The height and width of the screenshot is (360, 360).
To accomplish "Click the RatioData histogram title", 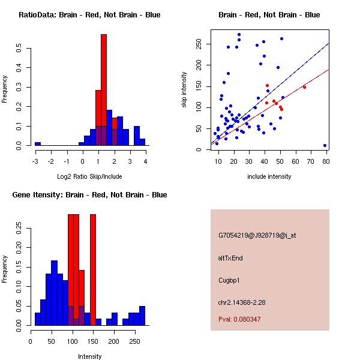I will point(89,15).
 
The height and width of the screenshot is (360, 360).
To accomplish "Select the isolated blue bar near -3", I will point(38,144).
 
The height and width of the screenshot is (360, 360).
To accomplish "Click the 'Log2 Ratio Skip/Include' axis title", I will point(89,176).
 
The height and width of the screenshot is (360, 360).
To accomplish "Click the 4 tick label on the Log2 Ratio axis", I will point(145,161).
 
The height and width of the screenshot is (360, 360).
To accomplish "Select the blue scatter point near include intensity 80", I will point(325,145).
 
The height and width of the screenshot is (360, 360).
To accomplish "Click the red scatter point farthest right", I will point(304,87).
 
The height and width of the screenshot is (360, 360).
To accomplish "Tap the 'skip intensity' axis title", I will point(185,90).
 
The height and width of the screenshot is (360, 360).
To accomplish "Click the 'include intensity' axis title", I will point(269,176).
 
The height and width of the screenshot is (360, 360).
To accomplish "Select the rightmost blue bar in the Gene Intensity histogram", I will point(142,316).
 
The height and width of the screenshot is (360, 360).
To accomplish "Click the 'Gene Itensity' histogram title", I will point(89,195).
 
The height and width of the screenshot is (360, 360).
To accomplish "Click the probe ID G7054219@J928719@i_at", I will point(257,235).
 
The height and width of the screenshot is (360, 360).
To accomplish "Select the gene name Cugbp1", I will point(229,280).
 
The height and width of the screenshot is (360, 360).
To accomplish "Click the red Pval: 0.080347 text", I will point(239,319).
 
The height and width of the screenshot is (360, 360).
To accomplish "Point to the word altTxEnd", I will point(230,258).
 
